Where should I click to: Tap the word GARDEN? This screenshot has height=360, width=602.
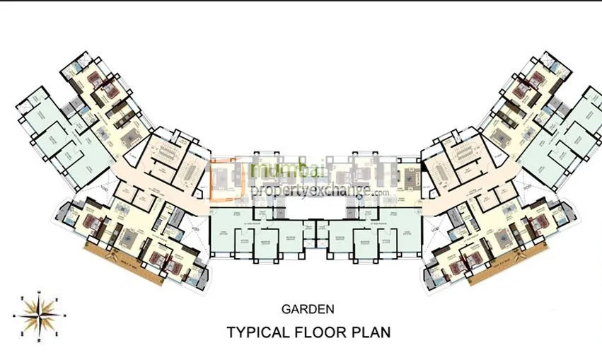tap(308, 309)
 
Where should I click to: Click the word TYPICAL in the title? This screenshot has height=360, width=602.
tap(257, 331)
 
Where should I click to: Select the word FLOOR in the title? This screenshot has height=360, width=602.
tap(323, 331)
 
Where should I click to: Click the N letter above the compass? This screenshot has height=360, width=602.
tap(40, 292)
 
